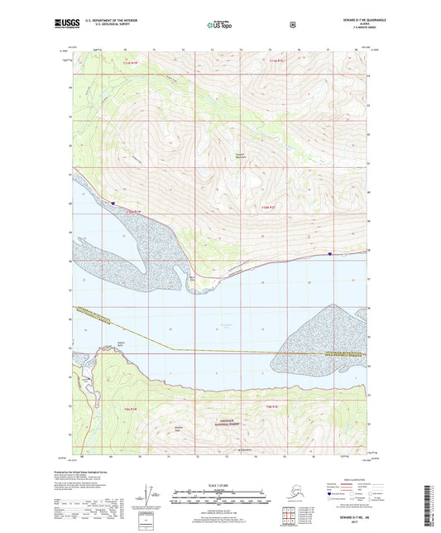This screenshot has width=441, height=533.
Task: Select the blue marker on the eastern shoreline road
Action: tap(330, 254)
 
